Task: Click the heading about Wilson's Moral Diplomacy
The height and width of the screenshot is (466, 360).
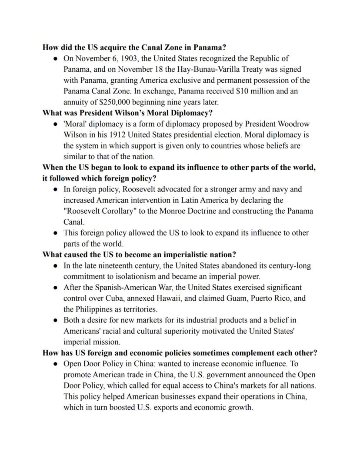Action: (x=127, y=113)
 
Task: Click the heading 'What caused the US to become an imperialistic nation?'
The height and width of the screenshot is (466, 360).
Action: (x=139, y=255)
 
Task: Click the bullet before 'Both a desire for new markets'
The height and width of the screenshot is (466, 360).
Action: (x=56, y=320)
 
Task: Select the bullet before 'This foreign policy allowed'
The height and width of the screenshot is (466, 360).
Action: (x=56, y=233)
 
